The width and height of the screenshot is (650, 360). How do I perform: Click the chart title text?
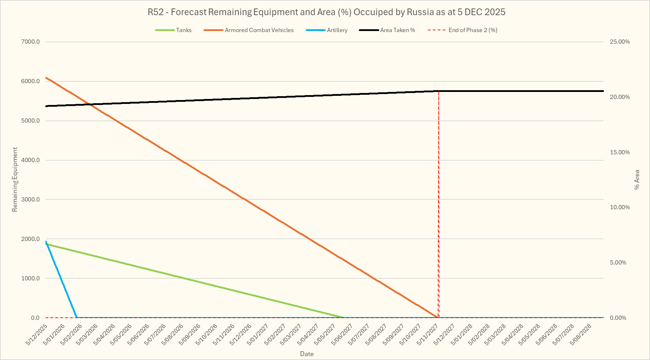tap(326, 12)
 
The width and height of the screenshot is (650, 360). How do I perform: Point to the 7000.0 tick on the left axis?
tap(31, 42)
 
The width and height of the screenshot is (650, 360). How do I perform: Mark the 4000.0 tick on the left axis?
tap(31, 160)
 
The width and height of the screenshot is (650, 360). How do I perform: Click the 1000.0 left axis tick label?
tap(31, 278)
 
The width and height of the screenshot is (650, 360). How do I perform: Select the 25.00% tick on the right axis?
tap(620, 42)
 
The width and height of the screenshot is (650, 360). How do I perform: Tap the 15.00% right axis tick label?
tap(620, 152)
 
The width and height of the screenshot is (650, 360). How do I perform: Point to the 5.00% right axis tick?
tap(618, 262)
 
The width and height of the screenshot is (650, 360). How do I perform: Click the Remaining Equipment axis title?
tap(14, 180)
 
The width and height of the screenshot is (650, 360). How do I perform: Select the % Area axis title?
tap(637, 180)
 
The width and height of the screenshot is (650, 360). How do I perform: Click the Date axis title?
tap(307, 354)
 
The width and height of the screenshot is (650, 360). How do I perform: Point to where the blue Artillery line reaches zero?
tap(77, 317)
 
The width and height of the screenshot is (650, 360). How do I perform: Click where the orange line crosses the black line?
tap(91, 105)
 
